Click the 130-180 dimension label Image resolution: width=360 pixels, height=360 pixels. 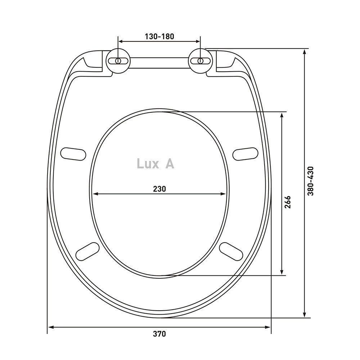[x=159, y=36]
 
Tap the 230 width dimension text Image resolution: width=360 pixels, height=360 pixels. [x=159, y=189]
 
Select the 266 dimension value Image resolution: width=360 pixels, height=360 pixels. [x=287, y=202]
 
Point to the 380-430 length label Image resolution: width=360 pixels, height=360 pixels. [x=310, y=181]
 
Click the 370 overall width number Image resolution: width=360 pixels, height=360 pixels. [x=159, y=334]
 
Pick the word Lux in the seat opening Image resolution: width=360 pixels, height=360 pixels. [x=147, y=164]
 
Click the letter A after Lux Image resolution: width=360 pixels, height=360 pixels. [x=170, y=164]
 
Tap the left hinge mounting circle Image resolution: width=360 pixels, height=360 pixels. [x=118, y=61]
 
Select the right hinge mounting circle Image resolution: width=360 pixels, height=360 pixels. [x=201, y=61]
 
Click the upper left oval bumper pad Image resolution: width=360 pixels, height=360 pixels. [x=73, y=154]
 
